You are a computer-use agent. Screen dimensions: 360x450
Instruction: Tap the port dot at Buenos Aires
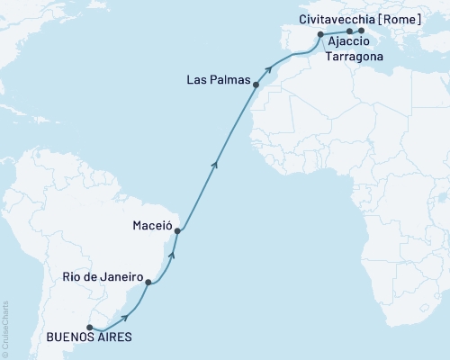click(x=89, y=326)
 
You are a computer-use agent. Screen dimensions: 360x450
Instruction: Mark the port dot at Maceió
click(x=177, y=231)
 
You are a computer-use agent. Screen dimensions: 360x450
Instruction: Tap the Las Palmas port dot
click(x=256, y=85)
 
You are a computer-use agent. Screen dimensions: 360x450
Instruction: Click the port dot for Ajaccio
click(x=350, y=31)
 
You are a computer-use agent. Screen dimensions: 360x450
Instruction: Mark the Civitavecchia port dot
click(x=361, y=31)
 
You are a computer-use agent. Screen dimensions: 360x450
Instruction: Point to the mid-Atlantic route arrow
click(x=214, y=163)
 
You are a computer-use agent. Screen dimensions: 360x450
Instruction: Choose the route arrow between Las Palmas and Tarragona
click(x=267, y=68)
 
